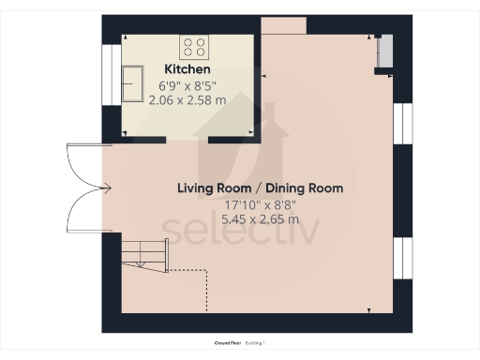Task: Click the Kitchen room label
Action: click(187, 70)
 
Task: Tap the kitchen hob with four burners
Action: click(195, 45)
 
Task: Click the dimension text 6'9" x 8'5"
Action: click(187, 85)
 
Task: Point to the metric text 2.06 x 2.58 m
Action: click(187, 99)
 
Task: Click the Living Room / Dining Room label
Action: click(260, 188)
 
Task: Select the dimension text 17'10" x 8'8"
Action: click(260, 204)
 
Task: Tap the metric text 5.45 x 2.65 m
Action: click(260, 219)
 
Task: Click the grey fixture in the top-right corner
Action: click(382, 52)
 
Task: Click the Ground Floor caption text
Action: click(230, 343)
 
